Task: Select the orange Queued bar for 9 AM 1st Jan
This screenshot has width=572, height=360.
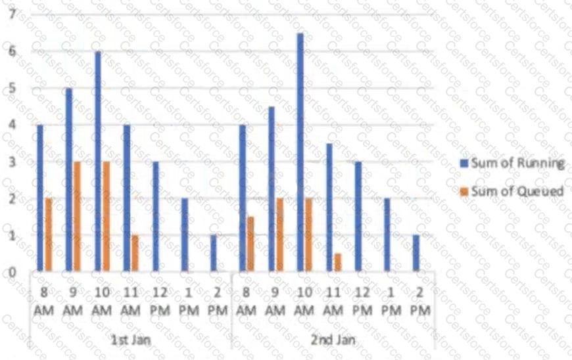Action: (x=77, y=216)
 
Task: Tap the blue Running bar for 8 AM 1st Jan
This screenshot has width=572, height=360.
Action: (x=39, y=198)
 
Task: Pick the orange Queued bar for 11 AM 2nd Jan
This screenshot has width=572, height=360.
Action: (x=337, y=262)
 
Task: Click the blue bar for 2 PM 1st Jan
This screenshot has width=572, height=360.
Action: (x=214, y=253)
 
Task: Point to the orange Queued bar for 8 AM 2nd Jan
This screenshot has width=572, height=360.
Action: (x=250, y=244)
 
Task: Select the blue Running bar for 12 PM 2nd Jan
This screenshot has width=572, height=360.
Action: (x=358, y=216)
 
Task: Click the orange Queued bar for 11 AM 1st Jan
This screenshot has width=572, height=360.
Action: (x=135, y=253)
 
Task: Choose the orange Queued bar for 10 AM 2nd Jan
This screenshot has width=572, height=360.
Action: (x=308, y=235)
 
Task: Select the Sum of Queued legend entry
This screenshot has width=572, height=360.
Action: (x=512, y=191)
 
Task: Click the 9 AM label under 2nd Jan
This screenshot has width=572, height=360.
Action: (x=275, y=299)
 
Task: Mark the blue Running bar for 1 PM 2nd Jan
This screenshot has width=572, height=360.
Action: (x=387, y=235)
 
